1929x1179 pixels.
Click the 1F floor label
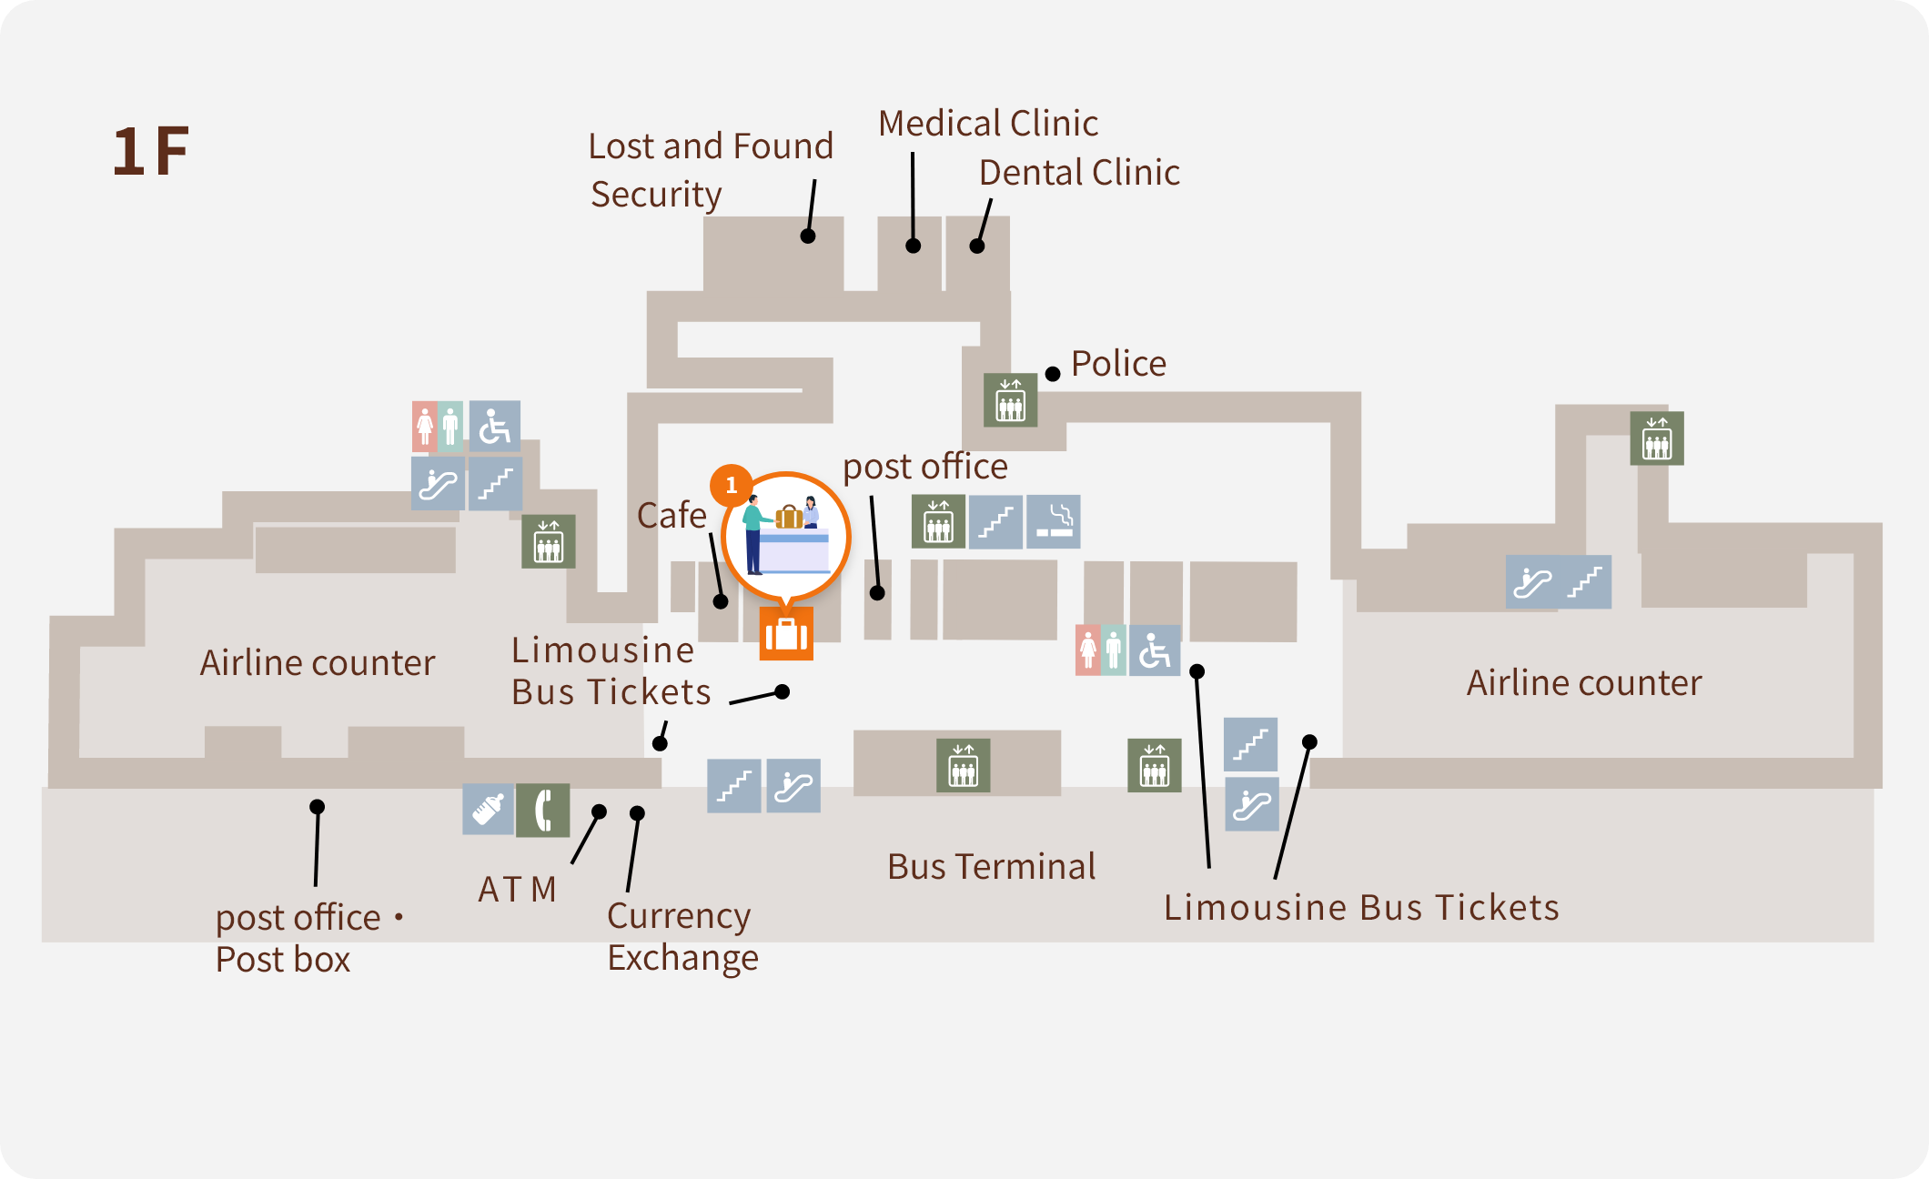coord(150,151)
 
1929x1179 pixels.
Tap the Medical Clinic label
coord(987,124)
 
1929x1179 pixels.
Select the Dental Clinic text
coord(1079,173)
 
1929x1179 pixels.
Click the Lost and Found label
coord(710,146)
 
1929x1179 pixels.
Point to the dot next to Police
coord(1053,374)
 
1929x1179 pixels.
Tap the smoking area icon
coord(1054,522)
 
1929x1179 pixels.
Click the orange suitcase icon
coord(786,634)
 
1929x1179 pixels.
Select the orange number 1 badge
coord(731,486)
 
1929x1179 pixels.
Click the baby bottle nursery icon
coord(489,809)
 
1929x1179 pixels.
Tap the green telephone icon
coord(543,810)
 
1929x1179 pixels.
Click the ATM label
coord(517,890)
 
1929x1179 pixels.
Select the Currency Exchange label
coord(682,936)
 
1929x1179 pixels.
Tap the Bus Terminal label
coord(991,867)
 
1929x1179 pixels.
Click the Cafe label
coord(672,516)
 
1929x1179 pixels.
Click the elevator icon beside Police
coord(1010,399)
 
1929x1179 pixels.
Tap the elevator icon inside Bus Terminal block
coord(963,766)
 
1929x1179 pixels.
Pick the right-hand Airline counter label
coord(1583,683)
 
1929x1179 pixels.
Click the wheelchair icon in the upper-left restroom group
coord(494,426)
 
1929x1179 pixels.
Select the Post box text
coord(283,960)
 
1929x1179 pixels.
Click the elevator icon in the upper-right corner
coord(1656,438)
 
